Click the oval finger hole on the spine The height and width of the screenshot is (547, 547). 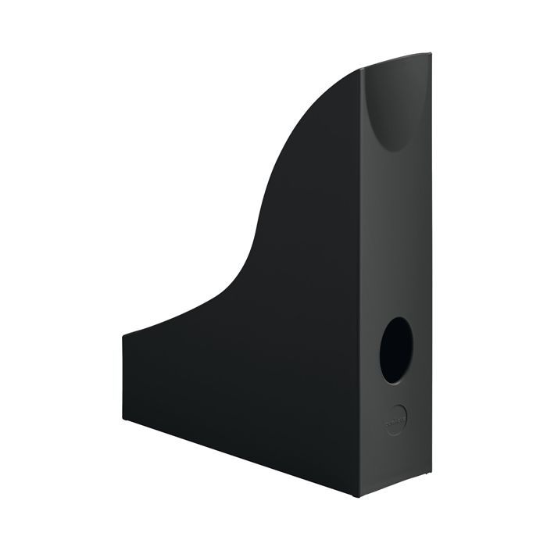pyautogui.click(x=395, y=349)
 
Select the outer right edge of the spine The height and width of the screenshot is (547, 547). pyautogui.click(x=431, y=273)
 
